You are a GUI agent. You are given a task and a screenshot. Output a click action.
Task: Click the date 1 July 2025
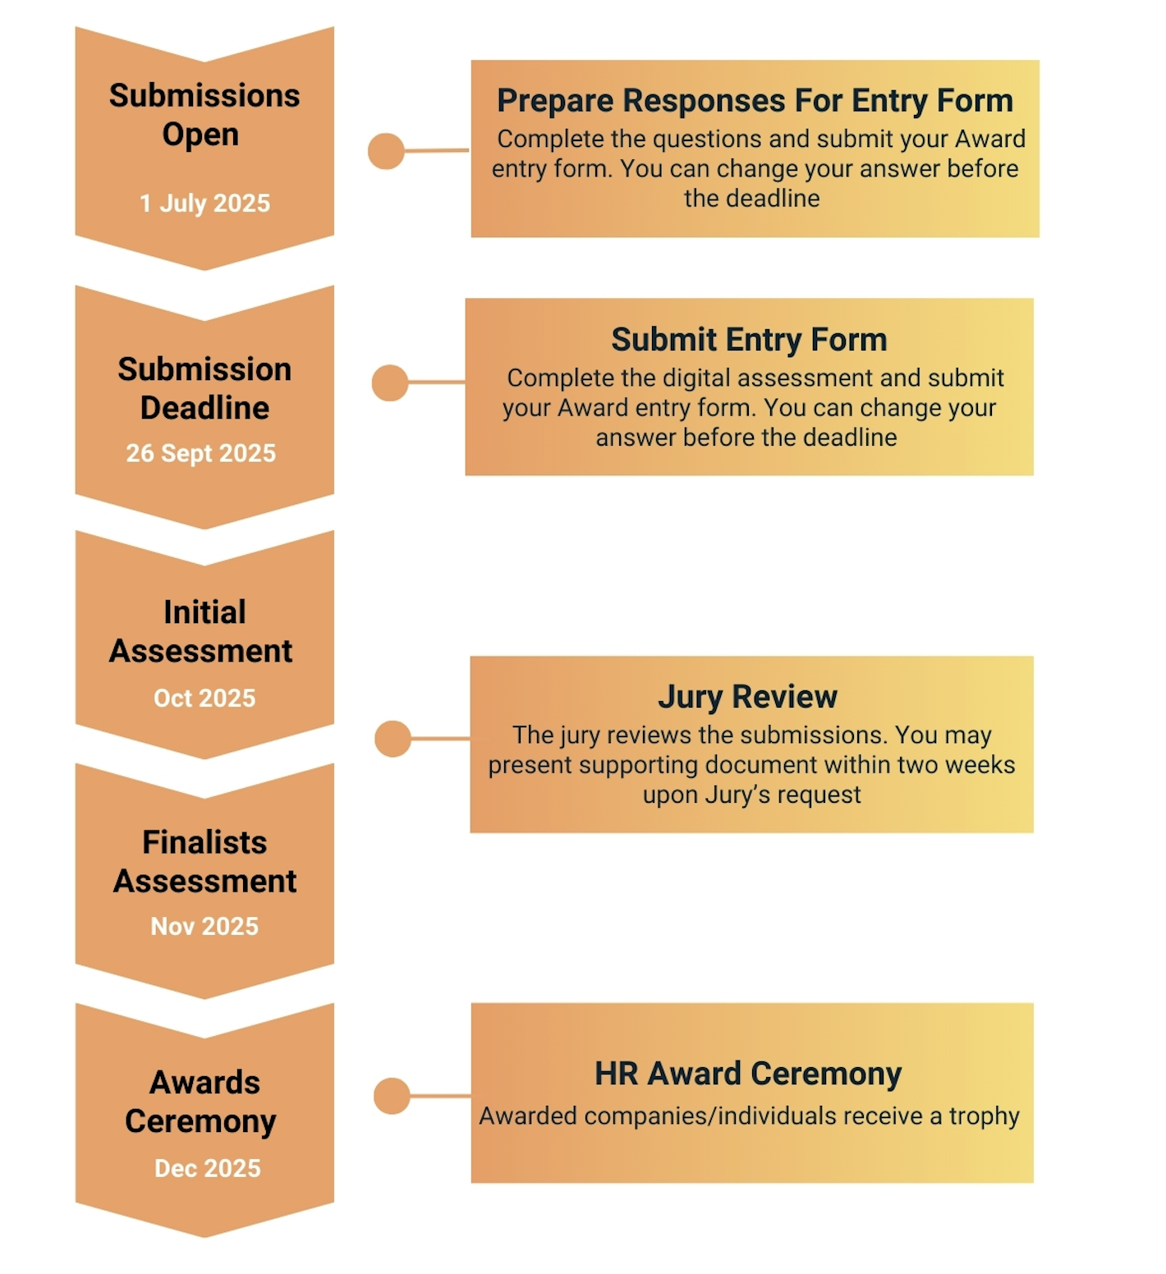coord(204,203)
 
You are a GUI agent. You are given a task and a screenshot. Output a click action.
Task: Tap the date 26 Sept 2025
coord(201,453)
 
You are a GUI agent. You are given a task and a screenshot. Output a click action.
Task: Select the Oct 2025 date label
coord(204,698)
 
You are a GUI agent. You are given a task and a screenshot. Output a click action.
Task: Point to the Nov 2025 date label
coord(204,926)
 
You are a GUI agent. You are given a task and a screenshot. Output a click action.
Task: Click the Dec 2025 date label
coord(207,1168)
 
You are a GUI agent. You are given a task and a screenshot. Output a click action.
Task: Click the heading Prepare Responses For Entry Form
coord(755,101)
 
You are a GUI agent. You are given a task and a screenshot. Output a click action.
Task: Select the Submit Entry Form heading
coord(749,340)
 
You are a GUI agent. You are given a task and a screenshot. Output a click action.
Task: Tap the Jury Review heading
coord(747,697)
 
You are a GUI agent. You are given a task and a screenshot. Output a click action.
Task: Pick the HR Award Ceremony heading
coord(748,1074)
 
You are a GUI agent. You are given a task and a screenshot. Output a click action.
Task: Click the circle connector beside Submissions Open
coord(386,151)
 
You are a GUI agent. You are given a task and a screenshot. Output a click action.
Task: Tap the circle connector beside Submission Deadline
coord(390,383)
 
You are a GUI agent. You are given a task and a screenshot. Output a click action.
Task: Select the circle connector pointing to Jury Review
coord(392,739)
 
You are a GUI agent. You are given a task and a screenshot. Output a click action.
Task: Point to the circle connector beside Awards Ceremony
coord(392,1096)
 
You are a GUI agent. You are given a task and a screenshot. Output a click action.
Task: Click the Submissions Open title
coord(204,115)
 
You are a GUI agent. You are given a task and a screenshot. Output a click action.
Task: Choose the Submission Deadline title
coord(204,388)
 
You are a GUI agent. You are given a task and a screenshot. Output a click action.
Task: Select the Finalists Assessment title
coord(204,861)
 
